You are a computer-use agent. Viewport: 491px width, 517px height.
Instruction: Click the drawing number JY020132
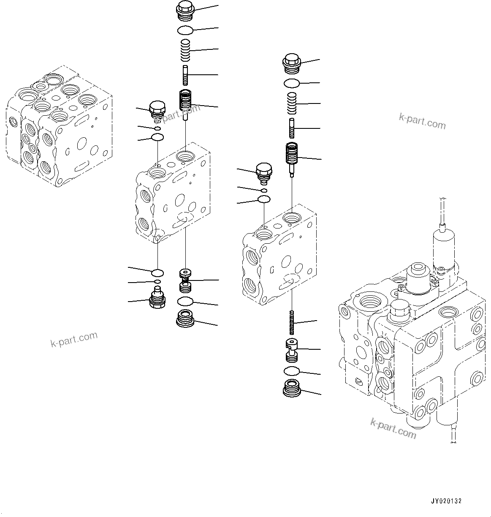pyautogui.click(x=446, y=501)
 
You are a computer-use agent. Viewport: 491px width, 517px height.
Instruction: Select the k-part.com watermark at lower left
pyautogui.click(x=74, y=339)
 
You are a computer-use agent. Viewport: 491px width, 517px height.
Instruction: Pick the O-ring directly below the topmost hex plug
pyautogui.click(x=185, y=30)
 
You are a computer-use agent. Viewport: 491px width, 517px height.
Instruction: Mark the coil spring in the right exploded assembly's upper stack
pyautogui.click(x=292, y=103)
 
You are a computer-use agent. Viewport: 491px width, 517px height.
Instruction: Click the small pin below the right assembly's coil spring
pyautogui.click(x=292, y=128)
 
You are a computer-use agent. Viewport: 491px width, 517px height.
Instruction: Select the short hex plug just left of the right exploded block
pyautogui.click(x=264, y=173)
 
